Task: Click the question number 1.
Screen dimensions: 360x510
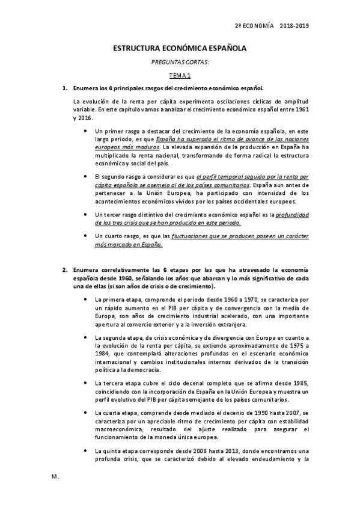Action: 64,88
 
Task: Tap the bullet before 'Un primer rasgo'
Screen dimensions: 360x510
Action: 86,131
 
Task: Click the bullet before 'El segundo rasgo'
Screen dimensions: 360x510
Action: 86,176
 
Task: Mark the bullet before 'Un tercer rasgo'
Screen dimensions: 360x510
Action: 86,214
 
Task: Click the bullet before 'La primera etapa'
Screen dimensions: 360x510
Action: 86,298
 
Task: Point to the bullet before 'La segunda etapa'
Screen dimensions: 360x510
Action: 86,340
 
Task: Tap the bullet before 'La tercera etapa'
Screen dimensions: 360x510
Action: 86,382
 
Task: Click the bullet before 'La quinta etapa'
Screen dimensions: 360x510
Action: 86,451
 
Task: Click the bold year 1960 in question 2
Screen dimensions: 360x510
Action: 126,278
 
